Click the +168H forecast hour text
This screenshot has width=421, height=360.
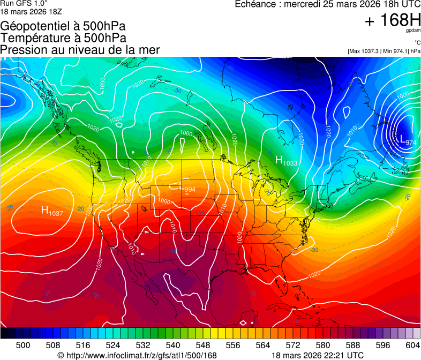click(393, 21)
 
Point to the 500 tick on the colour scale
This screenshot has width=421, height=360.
click(23, 345)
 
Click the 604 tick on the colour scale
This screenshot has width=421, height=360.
click(413, 345)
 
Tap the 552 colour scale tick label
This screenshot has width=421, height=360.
click(218, 345)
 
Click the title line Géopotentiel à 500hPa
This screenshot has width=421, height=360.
click(63, 26)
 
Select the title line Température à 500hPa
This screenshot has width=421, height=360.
click(63, 38)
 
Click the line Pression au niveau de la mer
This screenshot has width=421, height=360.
click(80, 50)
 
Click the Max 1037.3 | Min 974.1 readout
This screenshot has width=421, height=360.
click(384, 51)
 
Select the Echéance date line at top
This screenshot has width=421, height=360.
click(328, 4)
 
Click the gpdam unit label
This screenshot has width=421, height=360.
click(413, 31)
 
